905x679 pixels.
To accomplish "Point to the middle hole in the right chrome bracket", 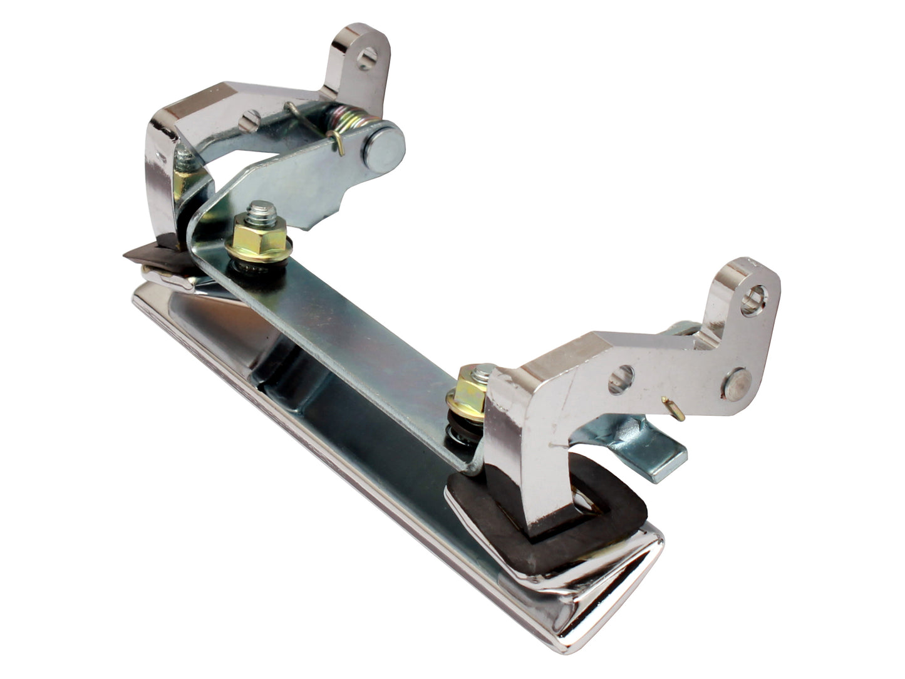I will tap(619, 379).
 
